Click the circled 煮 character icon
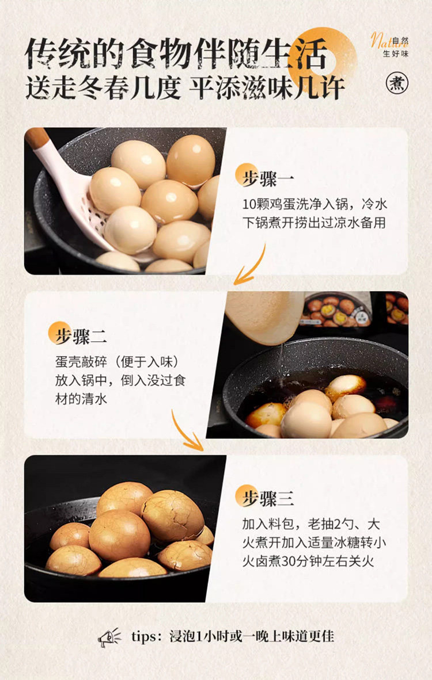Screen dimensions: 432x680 click(397, 82)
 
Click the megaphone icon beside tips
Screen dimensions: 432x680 click(109, 637)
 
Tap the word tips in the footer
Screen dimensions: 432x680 click(143, 637)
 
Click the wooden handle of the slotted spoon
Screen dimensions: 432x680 click(37, 138)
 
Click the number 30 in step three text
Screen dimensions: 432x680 click(289, 561)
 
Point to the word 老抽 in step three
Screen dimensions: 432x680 click(320, 524)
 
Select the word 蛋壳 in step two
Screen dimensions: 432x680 click(68, 362)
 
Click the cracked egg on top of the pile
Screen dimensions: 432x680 click(173, 515)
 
